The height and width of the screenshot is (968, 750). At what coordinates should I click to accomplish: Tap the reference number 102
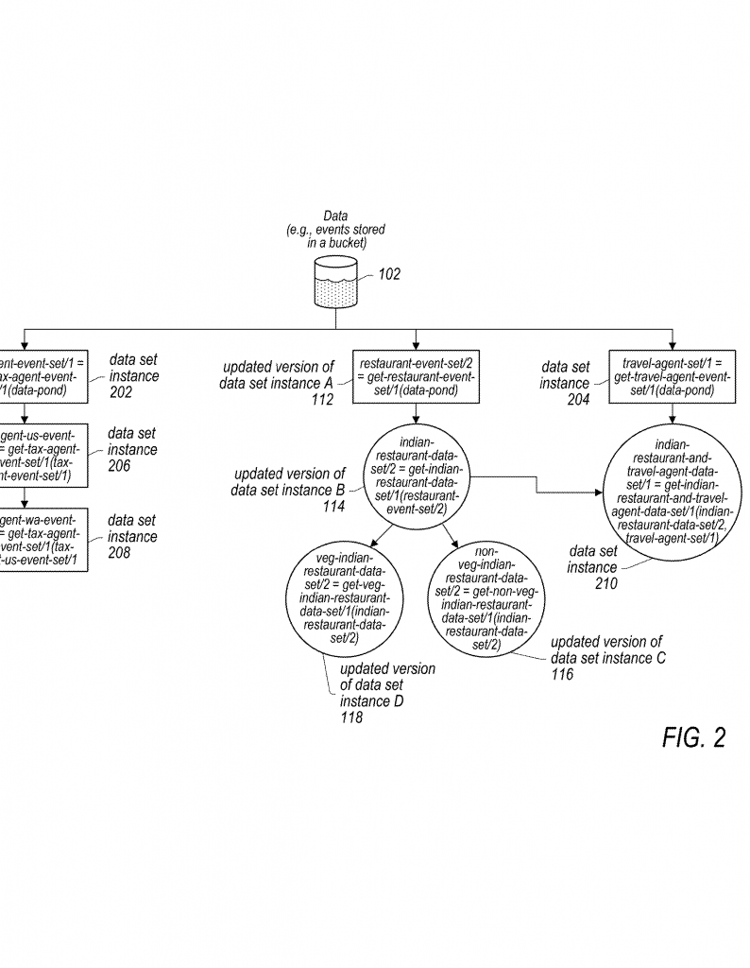pyautogui.click(x=389, y=275)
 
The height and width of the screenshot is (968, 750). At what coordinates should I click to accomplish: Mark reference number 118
pyautogui.click(x=351, y=718)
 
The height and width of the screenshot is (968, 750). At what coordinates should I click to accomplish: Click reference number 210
pyautogui.click(x=605, y=584)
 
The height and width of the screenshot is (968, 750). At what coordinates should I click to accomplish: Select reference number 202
pyautogui.click(x=121, y=392)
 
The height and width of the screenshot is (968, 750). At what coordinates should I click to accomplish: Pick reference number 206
pyautogui.click(x=119, y=465)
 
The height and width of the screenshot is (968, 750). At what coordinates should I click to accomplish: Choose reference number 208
pyautogui.click(x=119, y=552)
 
